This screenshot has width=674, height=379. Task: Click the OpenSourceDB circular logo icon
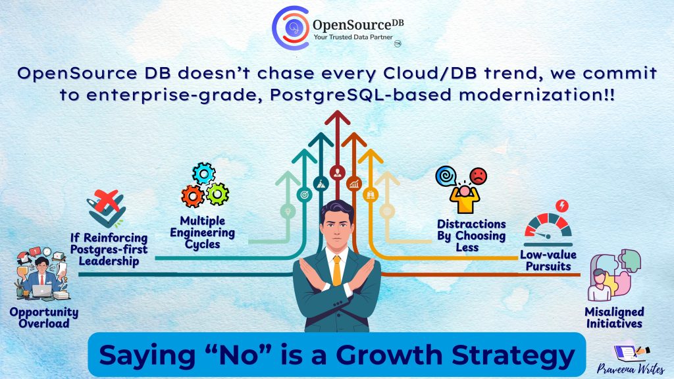click(x=290, y=28)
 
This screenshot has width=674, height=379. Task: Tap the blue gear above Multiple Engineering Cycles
click(x=203, y=174)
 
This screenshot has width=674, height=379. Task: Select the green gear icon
click(x=217, y=194)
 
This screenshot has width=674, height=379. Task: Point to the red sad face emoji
click(x=478, y=176)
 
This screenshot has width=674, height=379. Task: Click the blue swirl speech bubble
click(x=446, y=176)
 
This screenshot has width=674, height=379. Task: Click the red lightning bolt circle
click(x=562, y=206)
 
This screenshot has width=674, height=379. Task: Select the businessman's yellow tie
click(x=337, y=270)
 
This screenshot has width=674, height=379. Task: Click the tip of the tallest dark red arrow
click(x=338, y=111)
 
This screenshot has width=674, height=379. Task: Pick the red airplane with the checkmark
click(x=106, y=208)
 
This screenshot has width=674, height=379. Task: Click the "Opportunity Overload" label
click(x=44, y=318)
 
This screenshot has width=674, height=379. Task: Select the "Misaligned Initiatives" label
click(x=614, y=318)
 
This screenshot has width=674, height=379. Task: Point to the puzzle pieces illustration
click(x=615, y=275)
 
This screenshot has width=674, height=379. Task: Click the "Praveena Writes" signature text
click(x=631, y=368)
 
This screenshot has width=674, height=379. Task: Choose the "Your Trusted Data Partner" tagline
click(x=353, y=37)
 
